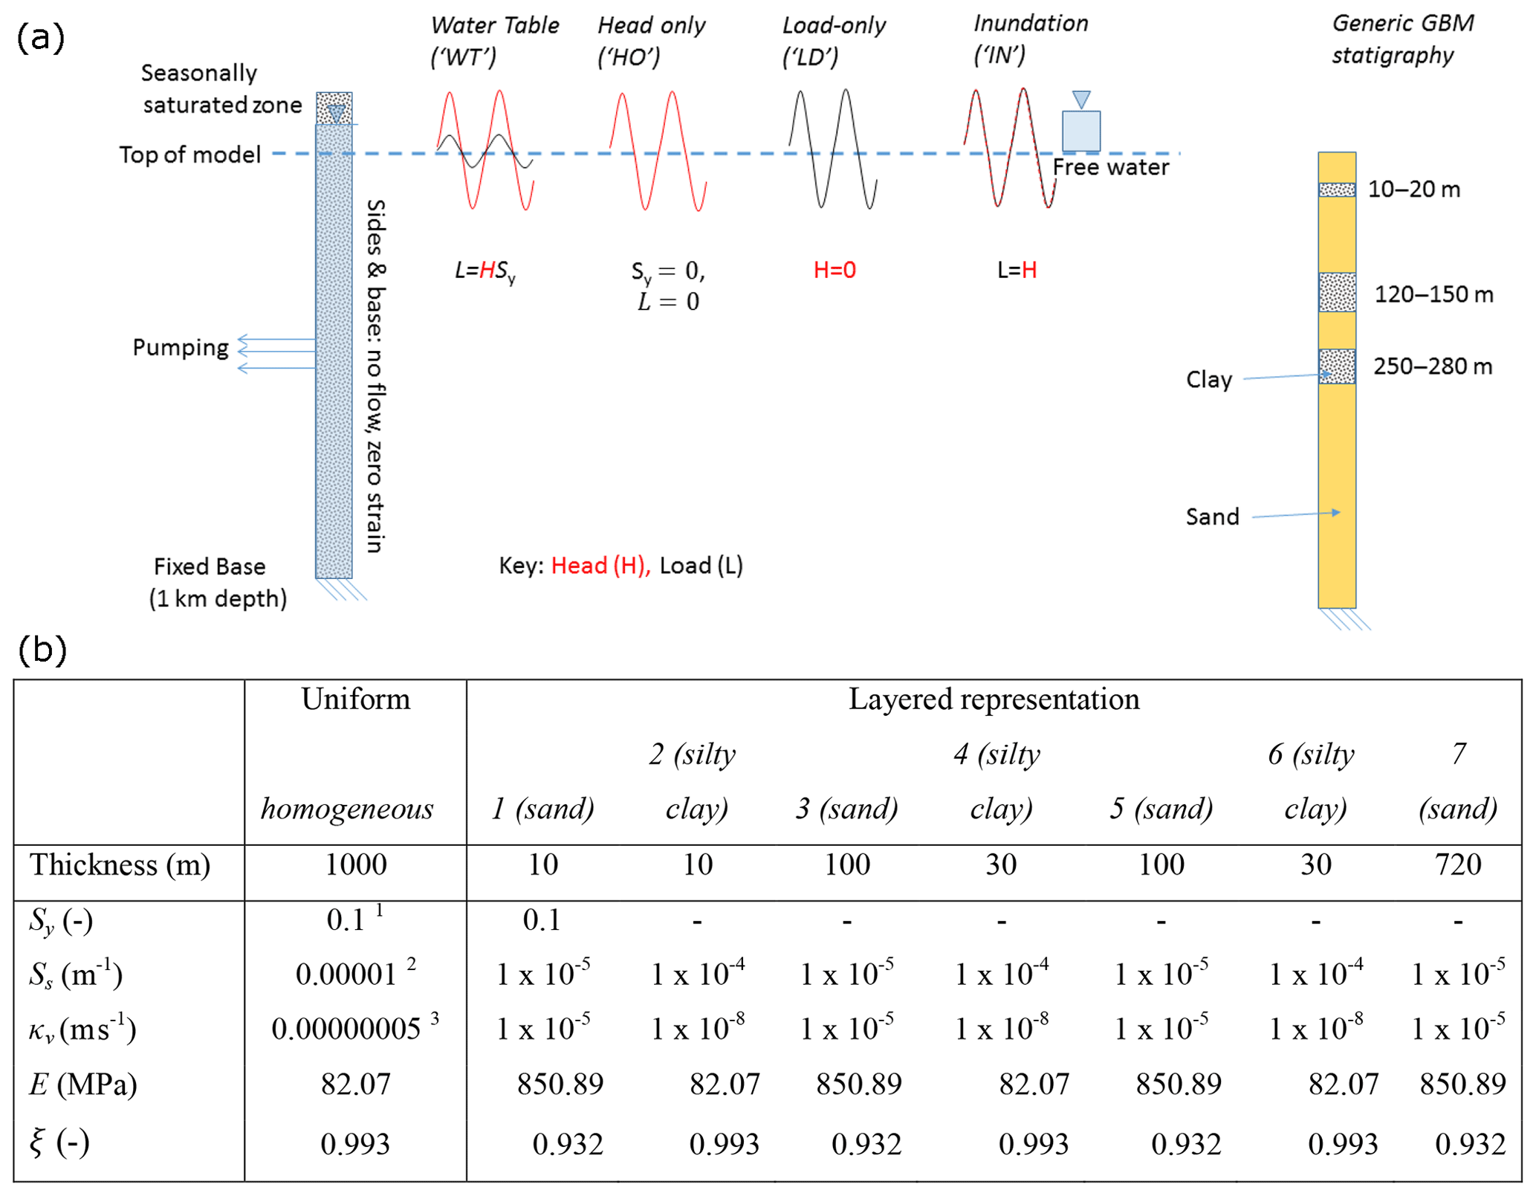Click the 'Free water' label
1110,167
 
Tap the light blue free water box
1080,131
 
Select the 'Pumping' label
181,347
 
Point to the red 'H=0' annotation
834,270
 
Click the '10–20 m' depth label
1413,190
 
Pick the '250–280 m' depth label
1432,366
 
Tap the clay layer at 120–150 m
1336,292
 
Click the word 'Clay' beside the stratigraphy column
1208,380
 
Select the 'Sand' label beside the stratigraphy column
1212,517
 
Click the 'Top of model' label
190,155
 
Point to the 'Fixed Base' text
210,566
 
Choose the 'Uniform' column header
355,699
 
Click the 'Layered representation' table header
994,699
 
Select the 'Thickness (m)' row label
120,864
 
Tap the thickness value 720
1457,864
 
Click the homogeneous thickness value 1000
355,864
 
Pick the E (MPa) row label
83,1085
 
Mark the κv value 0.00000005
346,1029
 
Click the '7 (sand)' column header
1457,781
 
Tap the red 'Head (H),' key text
600,566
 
